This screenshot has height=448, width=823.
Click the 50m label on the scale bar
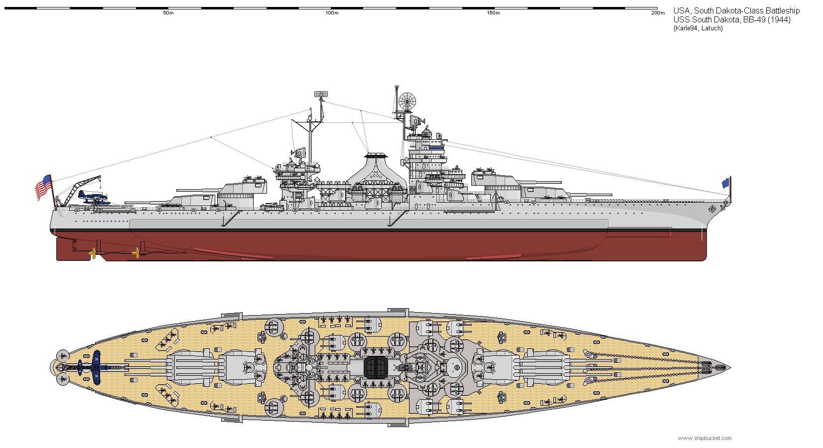tap(168, 13)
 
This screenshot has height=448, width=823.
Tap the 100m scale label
tap(332, 13)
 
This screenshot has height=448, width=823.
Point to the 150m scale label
tap(493, 13)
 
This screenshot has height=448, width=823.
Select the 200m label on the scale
tap(658, 13)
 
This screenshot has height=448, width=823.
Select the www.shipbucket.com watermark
tap(704, 438)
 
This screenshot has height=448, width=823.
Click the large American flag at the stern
tap(43, 188)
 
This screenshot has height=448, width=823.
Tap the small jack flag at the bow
tap(725, 183)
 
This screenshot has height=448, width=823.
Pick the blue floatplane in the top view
tap(96, 367)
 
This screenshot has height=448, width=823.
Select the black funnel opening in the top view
tap(376, 367)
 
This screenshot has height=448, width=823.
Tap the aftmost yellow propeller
tap(92, 254)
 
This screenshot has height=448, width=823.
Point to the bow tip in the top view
tap(729, 368)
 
